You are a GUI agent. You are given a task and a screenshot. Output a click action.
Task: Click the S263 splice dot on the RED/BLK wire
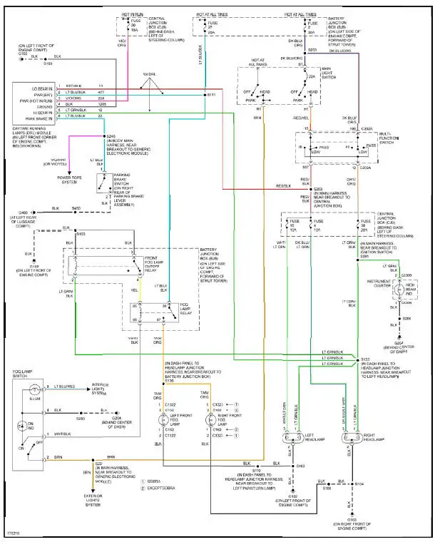[312, 188]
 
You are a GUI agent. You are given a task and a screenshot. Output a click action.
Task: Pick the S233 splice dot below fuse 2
[304, 51]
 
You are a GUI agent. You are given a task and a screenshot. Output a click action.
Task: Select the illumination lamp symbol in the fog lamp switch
[33, 390]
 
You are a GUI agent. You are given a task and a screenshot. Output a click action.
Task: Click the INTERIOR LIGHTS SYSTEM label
[106, 388]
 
